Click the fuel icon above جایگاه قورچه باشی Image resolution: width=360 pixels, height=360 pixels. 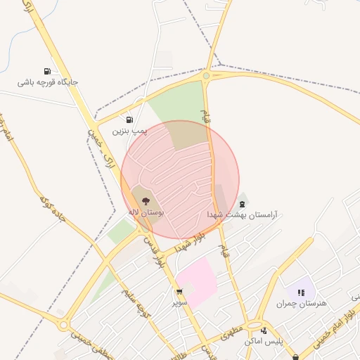click(47, 71)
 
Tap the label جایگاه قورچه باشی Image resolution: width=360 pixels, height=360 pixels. click(48, 82)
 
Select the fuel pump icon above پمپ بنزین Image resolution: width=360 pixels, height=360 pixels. click(129, 120)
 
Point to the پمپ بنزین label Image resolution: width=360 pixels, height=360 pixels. click(131, 131)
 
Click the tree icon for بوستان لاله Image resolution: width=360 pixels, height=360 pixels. click(146, 201)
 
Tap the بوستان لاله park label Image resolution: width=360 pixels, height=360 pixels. click(146, 212)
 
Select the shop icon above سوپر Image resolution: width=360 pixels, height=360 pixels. click(179, 292)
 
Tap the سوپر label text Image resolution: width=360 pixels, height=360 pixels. click(180, 302)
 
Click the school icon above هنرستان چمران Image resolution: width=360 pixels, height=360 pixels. click(301, 292)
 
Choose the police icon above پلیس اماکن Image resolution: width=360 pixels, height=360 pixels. click(264, 330)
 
